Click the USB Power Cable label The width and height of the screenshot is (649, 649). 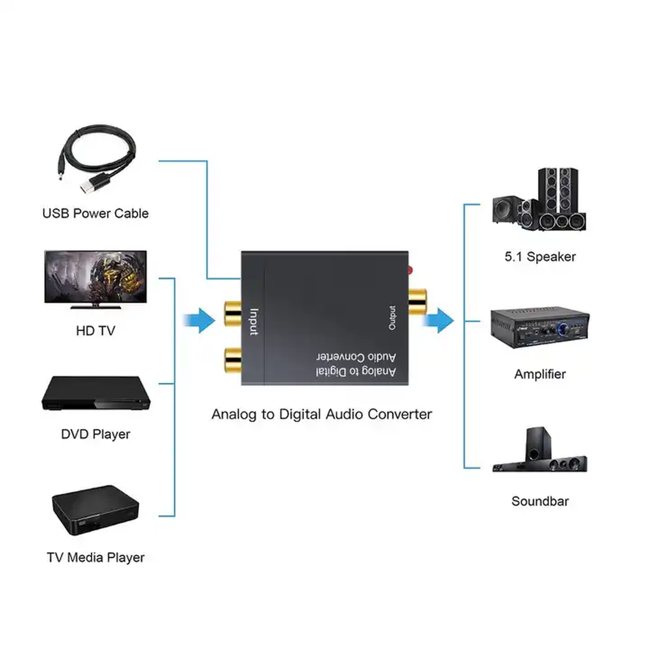[95, 214]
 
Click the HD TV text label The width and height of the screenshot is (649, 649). [95, 332]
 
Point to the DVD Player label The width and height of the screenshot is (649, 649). [95, 434]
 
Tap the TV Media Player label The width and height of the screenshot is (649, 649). [95, 557]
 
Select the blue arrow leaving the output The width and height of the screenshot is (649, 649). [443, 320]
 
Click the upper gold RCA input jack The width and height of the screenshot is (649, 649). [232, 312]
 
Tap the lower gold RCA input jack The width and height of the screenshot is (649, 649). [232, 359]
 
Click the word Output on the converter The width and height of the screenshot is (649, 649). [392, 318]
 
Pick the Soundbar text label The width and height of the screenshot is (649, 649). [540, 501]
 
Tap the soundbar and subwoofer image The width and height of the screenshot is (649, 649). [540, 451]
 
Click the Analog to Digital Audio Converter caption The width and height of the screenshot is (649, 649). [321, 414]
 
